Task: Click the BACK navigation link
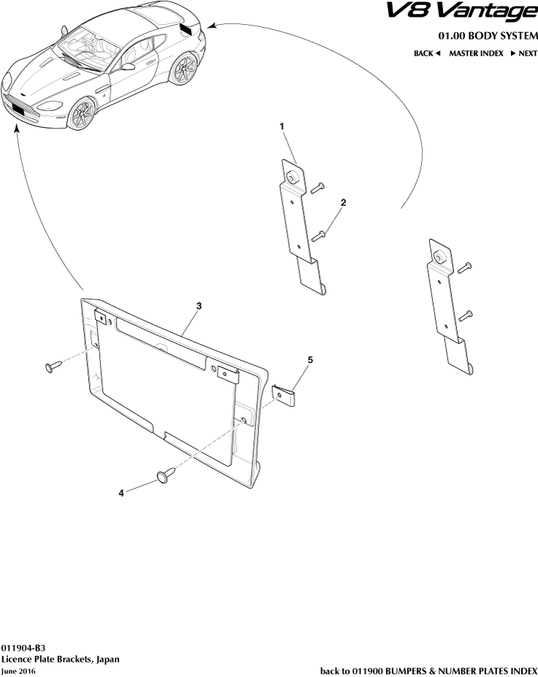coord(428,53)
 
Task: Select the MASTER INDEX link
coord(475,53)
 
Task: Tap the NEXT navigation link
coord(523,53)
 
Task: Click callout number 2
coord(343,202)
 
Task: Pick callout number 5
coord(310,360)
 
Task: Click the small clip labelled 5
coord(286,396)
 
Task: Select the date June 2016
coord(18,671)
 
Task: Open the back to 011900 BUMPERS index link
coord(429,670)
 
